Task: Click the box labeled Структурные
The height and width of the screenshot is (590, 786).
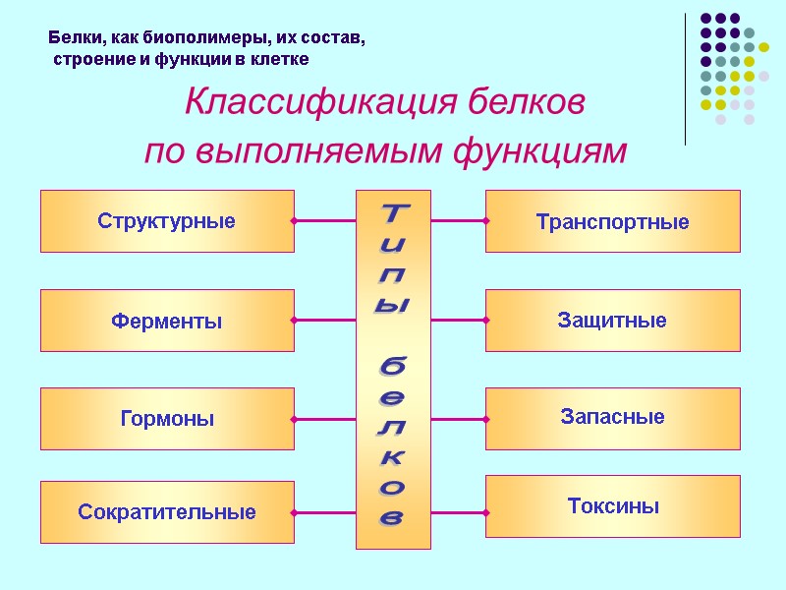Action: point(167,221)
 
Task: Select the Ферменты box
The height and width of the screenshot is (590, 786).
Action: point(167,321)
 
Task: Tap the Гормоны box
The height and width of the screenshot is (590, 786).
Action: point(167,419)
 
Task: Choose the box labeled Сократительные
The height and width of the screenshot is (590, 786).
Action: point(167,512)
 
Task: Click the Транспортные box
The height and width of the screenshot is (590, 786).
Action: point(612,221)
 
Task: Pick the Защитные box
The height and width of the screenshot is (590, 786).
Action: point(612,321)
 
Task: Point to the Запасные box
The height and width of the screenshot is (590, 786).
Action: point(612,417)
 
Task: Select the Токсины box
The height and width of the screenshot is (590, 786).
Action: point(612,506)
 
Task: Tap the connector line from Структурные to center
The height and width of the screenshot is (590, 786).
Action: point(325,221)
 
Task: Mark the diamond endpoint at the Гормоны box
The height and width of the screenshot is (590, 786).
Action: point(294,419)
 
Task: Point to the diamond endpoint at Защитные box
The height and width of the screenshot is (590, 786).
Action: point(486,321)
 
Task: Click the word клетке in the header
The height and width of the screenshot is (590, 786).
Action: point(282,60)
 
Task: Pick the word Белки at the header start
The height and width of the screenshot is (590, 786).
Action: point(71,40)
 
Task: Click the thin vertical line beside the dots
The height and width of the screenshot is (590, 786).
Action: point(685,79)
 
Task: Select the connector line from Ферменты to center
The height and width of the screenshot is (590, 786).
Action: point(325,321)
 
